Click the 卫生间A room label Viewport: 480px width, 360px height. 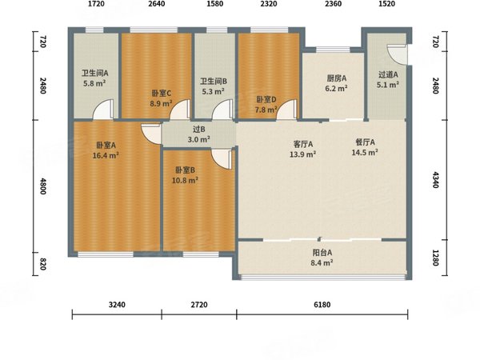click(x=94, y=73)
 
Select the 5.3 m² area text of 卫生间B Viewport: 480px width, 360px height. click(x=213, y=90)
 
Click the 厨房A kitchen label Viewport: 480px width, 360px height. click(x=336, y=78)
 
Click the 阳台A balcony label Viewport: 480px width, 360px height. click(x=322, y=252)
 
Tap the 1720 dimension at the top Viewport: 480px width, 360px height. click(x=96, y=5)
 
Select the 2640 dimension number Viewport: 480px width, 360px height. click(x=156, y=5)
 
